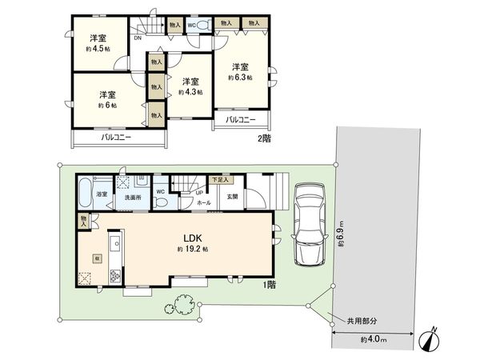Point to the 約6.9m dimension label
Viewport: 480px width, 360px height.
[x=342, y=234]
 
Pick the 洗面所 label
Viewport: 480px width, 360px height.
[x=131, y=196]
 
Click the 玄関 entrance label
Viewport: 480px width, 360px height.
[x=226, y=197]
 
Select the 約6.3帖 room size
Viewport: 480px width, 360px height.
[x=240, y=78]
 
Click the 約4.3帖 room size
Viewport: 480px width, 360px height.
[x=190, y=92]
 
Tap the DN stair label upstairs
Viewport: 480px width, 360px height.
[x=138, y=37]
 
